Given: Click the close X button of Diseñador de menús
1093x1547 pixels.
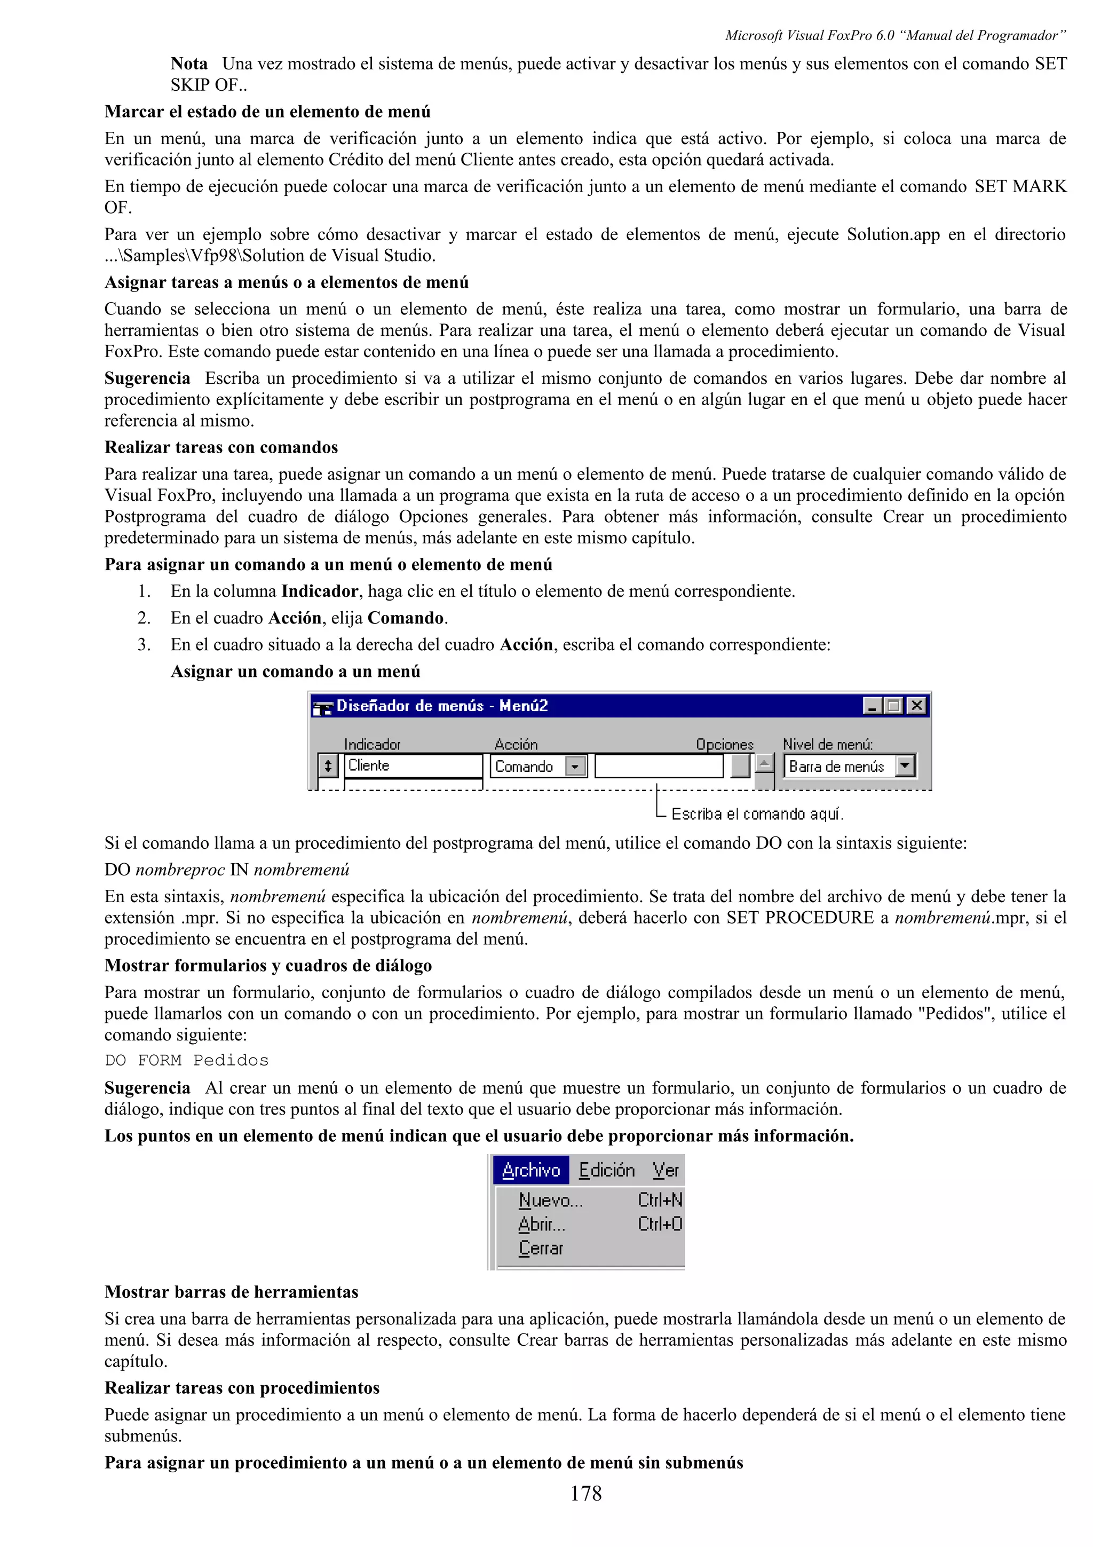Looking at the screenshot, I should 916,706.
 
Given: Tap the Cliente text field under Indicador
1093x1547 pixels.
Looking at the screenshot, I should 413,765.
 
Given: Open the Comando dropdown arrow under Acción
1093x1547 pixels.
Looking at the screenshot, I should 575,767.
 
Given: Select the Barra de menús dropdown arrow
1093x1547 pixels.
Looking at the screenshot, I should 905,765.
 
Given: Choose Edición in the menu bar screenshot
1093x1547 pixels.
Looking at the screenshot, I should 606,1170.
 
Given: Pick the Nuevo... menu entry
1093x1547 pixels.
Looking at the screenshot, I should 550,1200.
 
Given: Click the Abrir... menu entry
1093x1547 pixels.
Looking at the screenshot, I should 542,1224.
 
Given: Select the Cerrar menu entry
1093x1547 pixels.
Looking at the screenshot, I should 540,1249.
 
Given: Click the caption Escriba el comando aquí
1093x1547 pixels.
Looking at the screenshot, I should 757,814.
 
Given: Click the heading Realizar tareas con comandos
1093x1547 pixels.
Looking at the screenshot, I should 221,447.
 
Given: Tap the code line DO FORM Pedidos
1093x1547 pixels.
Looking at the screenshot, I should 187,1061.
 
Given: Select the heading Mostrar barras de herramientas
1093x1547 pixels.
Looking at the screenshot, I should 231,1292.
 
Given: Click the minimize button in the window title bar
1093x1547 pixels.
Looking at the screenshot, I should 872,706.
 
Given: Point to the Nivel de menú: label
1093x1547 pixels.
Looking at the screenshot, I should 827,745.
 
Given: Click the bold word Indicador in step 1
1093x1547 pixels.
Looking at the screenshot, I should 319,591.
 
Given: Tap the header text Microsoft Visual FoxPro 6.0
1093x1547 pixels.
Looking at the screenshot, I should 809,36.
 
